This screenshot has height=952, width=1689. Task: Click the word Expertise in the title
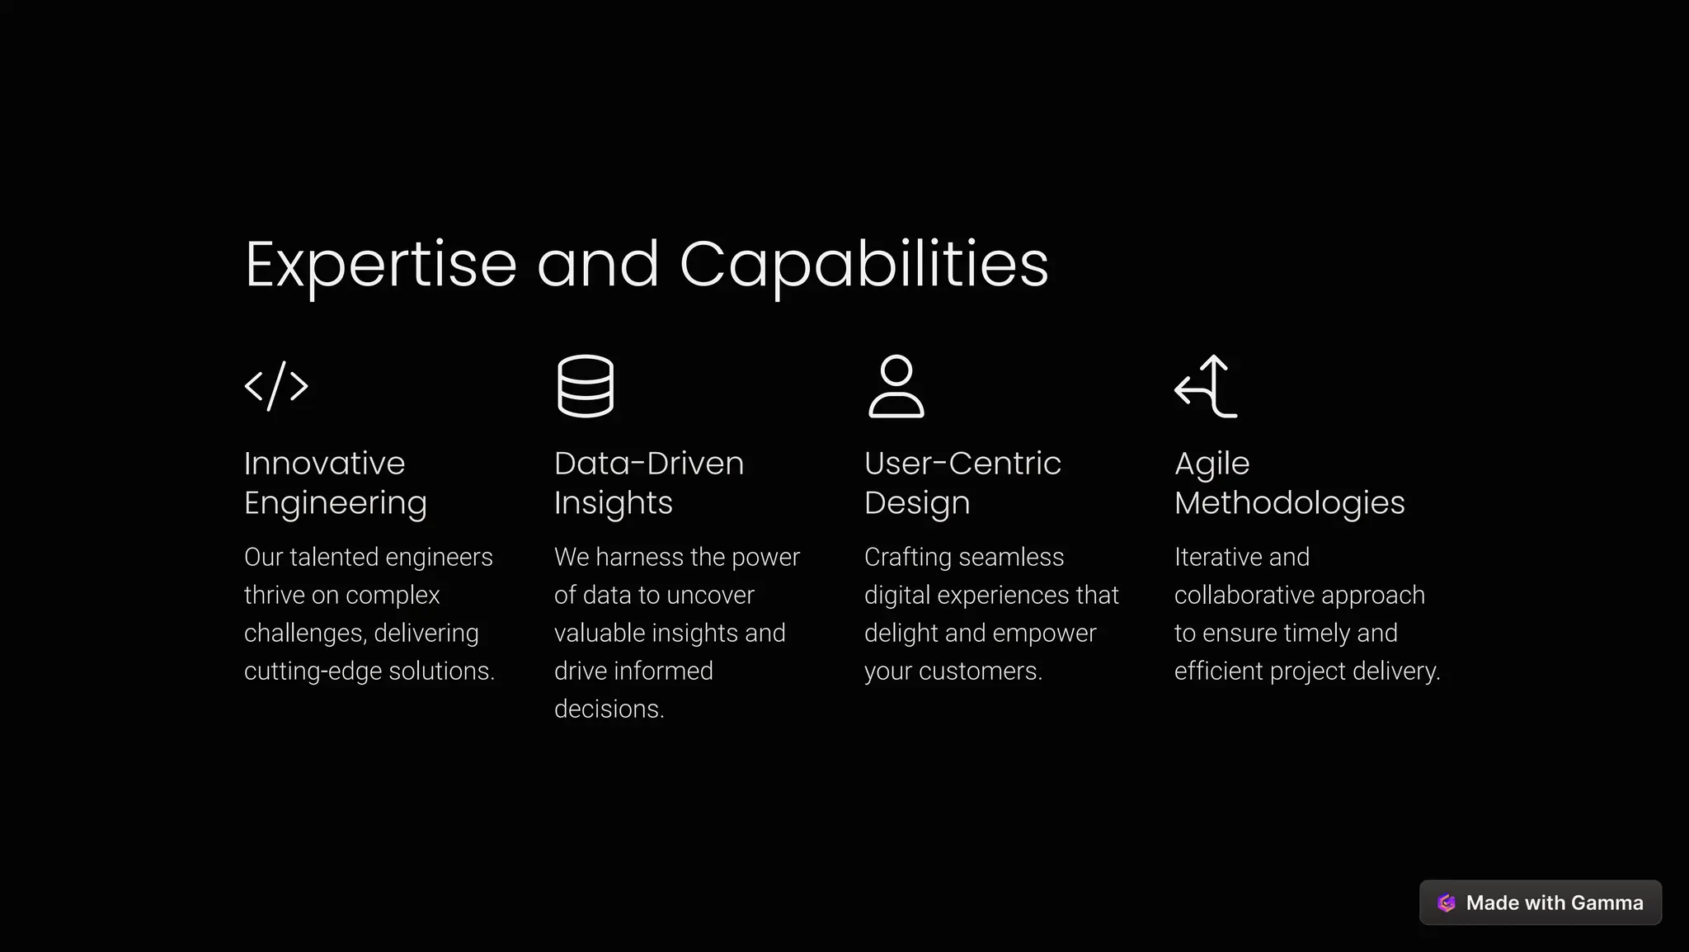click(380, 265)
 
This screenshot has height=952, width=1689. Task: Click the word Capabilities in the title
click(863, 265)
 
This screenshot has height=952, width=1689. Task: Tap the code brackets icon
click(276, 386)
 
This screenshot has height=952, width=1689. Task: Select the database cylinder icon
click(586, 386)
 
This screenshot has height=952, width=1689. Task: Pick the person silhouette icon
click(896, 386)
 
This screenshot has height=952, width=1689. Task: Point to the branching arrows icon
click(1206, 386)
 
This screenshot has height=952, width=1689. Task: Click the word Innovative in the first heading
click(324, 464)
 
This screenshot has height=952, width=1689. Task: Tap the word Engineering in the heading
click(335, 503)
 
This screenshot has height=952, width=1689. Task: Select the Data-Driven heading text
click(648, 464)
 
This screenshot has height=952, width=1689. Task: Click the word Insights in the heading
click(613, 503)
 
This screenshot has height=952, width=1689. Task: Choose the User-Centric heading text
click(962, 464)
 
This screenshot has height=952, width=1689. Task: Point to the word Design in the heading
click(916, 503)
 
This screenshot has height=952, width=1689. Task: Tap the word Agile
click(1211, 464)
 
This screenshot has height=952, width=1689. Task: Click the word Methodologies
click(1289, 503)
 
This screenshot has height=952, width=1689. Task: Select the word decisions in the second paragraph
click(608, 709)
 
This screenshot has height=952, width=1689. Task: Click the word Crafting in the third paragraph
click(907, 558)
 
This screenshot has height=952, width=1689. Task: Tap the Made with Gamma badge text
click(1554, 903)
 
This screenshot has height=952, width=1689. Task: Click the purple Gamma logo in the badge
click(1446, 903)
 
